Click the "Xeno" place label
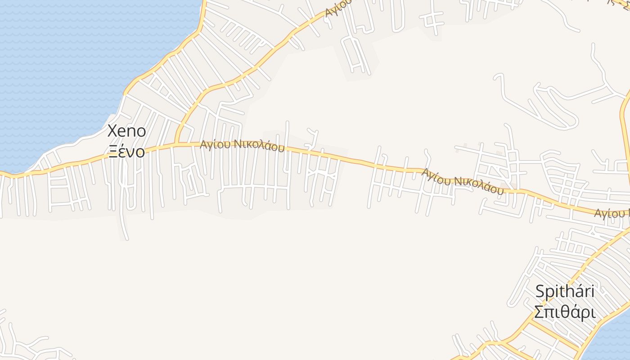[127, 131]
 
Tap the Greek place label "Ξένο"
[127, 152]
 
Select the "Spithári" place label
[565, 292]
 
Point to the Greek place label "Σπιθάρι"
[565, 312]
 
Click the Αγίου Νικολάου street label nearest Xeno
[242, 145]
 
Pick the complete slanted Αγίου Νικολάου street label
[462, 181]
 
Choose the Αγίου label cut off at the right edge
[611, 213]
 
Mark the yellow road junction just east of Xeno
[176, 144]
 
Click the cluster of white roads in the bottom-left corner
[27, 342]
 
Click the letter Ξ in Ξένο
[114, 152]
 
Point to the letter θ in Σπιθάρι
[565, 312]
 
